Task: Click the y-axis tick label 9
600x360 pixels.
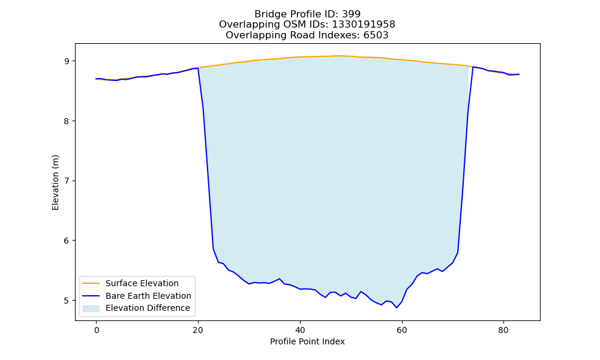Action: tap(67, 61)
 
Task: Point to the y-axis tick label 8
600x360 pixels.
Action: tap(67, 121)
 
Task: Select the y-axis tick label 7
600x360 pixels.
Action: tap(67, 181)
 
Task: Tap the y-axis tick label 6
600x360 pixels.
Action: tap(67, 241)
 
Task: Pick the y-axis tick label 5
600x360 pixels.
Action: tap(67, 301)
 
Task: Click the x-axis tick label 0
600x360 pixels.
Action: tap(97, 330)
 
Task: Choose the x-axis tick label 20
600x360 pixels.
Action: tap(198, 330)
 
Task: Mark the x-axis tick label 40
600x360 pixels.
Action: tap(300, 330)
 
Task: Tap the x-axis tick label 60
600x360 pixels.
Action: tap(402, 330)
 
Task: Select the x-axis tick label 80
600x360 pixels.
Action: tap(503, 330)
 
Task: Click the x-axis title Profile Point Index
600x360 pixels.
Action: tap(307, 341)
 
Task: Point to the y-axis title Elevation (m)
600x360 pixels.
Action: tap(55, 182)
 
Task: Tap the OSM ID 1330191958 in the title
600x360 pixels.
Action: tap(364, 25)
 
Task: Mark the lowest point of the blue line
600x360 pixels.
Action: tap(397, 308)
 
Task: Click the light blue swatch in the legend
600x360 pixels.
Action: tap(91, 308)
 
